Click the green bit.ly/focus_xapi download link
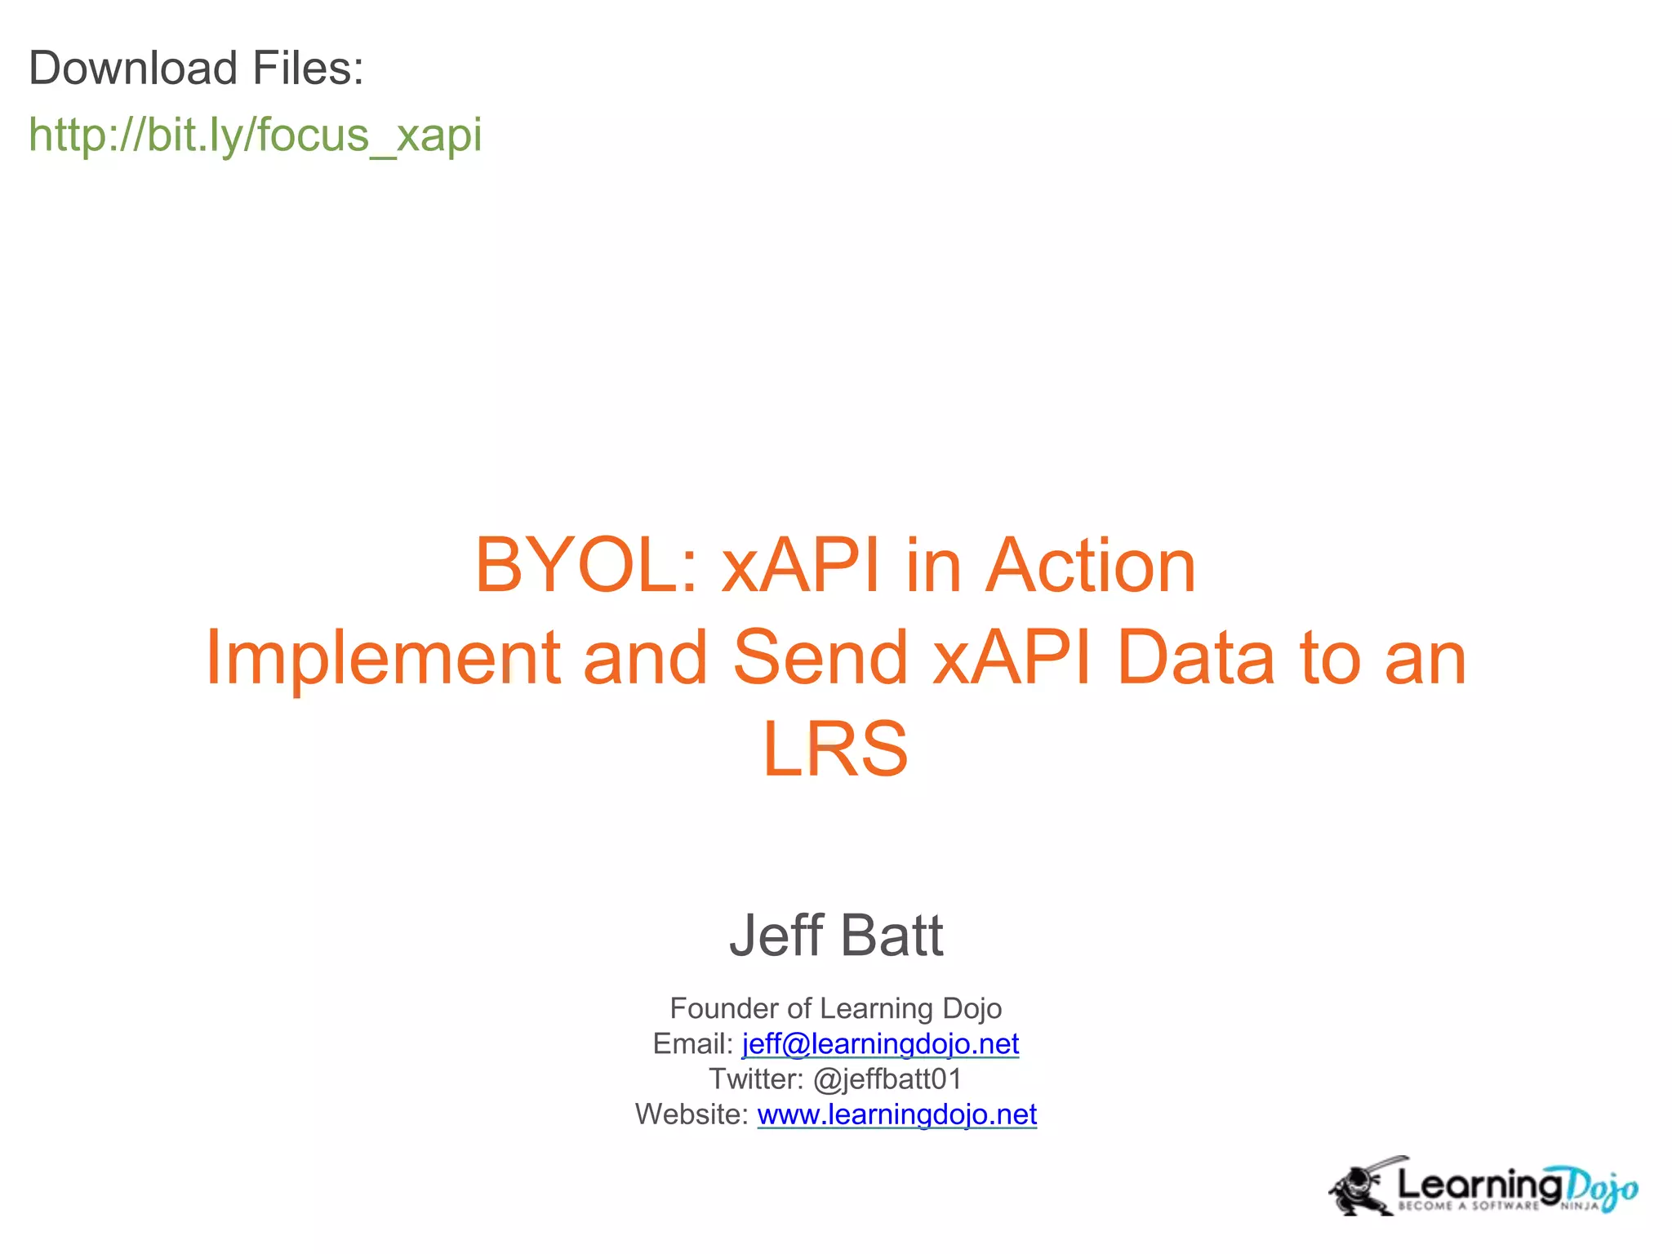pos(255,135)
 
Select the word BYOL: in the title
pos(586,566)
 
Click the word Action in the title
pos(1091,566)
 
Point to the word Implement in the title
pos(381,658)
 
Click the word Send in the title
pos(820,658)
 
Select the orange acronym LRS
pos(835,749)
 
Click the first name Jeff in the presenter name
pos(776,936)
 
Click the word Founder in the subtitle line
pos(724,1008)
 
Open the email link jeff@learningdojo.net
pos(880,1044)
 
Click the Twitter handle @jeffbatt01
pos(887,1079)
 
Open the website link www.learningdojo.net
pos(896,1114)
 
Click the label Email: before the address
pos(693,1044)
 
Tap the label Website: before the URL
pos(691,1114)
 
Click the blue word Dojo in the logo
pos(1602,1188)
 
